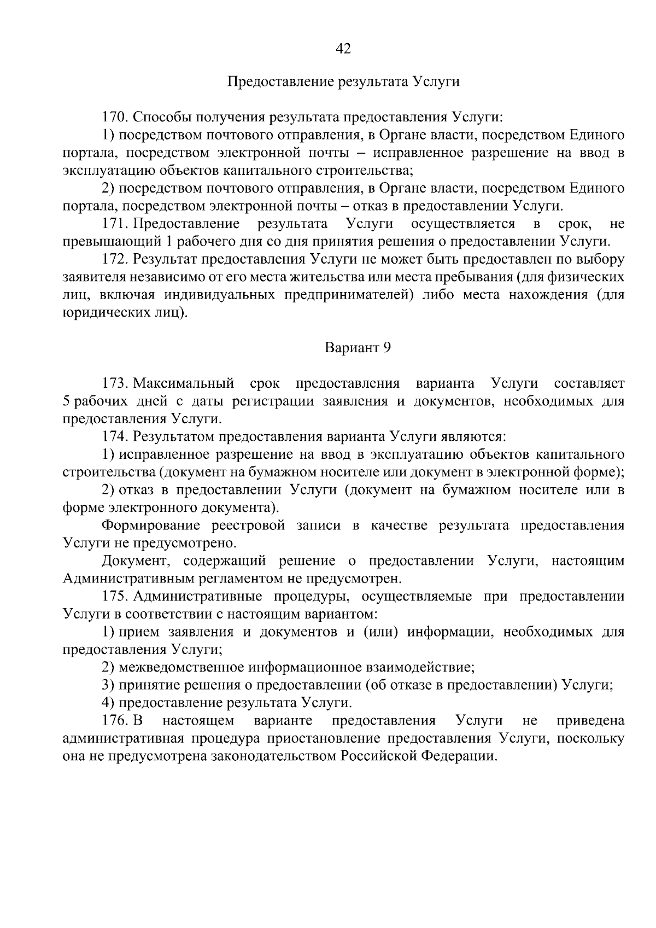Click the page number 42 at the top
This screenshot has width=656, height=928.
coord(343,49)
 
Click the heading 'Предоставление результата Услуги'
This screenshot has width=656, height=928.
coord(343,82)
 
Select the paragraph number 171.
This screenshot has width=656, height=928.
coord(115,224)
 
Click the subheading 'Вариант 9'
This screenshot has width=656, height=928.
coord(358,348)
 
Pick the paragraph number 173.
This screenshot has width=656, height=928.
coord(115,383)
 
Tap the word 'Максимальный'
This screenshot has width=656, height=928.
coord(184,383)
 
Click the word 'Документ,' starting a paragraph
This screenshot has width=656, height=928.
coord(137,561)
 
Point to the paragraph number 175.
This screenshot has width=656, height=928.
coord(115,597)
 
